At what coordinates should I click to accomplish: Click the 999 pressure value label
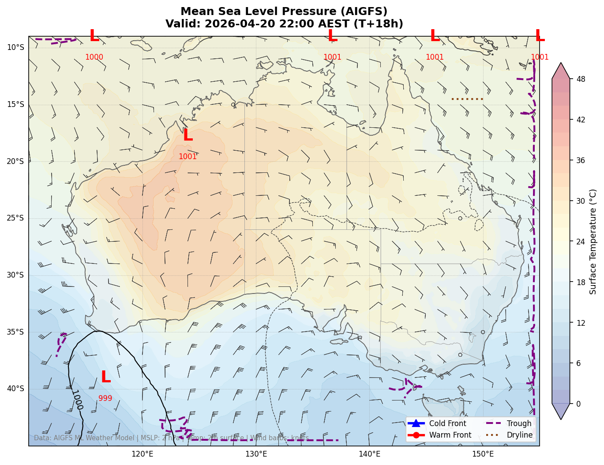[105, 399]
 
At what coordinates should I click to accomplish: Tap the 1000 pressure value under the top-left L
[94, 57]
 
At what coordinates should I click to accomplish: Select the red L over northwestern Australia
[188, 136]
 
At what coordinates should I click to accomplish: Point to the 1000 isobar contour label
[77, 400]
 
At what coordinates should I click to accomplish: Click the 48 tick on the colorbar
[581, 79]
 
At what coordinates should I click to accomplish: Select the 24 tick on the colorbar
[581, 242]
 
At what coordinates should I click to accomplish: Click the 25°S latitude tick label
[15, 218]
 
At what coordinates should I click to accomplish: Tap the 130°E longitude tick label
[256, 454]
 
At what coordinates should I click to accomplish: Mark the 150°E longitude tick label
[483, 454]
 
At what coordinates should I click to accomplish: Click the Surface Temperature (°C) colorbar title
[593, 242]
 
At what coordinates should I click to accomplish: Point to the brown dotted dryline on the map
[468, 99]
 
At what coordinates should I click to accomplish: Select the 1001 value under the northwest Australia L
[188, 156]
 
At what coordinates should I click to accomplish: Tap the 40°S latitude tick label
[15, 389]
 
